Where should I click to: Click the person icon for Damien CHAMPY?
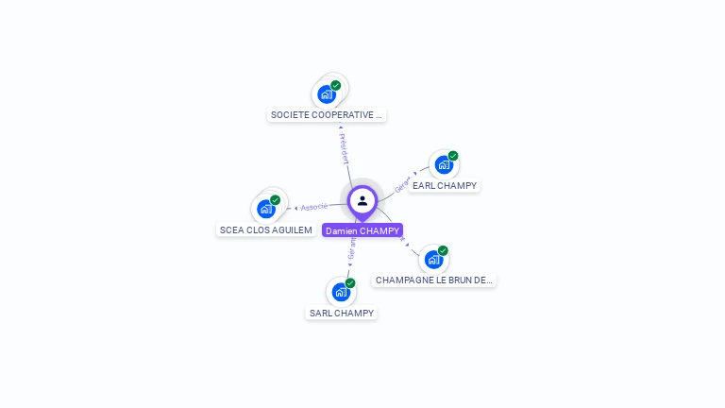(x=362, y=200)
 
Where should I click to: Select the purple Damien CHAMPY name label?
(x=362, y=230)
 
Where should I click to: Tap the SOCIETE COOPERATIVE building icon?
(x=327, y=93)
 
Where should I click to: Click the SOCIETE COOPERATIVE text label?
(x=327, y=115)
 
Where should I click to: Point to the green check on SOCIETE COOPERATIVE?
(x=336, y=85)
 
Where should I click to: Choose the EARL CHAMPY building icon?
(x=443, y=164)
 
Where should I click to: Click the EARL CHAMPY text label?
(x=445, y=186)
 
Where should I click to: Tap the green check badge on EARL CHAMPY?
(x=453, y=156)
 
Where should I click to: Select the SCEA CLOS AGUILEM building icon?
(x=265, y=209)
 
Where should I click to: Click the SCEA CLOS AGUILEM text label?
(x=265, y=229)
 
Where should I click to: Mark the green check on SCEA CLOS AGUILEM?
(x=276, y=200)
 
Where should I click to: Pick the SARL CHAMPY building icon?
(x=340, y=292)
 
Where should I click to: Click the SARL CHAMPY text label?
(x=342, y=313)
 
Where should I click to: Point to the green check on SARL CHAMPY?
(x=350, y=283)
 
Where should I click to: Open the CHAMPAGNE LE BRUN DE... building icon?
(x=432, y=259)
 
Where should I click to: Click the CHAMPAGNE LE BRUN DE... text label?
(x=434, y=280)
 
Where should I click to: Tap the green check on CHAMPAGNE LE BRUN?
(x=443, y=250)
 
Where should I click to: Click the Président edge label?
(x=344, y=149)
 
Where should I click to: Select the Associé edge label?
(x=314, y=206)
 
